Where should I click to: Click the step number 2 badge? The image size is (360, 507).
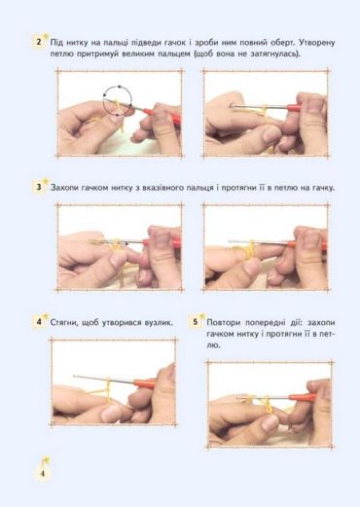[39, 43]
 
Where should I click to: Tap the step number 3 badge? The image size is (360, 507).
[39, 187]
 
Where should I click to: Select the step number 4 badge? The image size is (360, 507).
[39, 322]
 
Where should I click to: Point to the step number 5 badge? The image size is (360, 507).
[196, 322]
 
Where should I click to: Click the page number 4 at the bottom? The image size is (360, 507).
[43, 473]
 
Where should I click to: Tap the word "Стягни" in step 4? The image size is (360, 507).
[64, 323]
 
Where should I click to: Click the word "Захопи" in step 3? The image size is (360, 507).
[64, 188]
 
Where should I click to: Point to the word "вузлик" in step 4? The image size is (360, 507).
[157, 323]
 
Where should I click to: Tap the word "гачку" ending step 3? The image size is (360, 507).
[323, 188]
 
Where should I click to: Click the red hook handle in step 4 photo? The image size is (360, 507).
[144, 383]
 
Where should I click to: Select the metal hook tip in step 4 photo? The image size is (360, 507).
[75, 376]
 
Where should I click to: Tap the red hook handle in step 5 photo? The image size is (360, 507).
[302, 397]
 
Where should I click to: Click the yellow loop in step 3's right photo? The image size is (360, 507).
[250, 250]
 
